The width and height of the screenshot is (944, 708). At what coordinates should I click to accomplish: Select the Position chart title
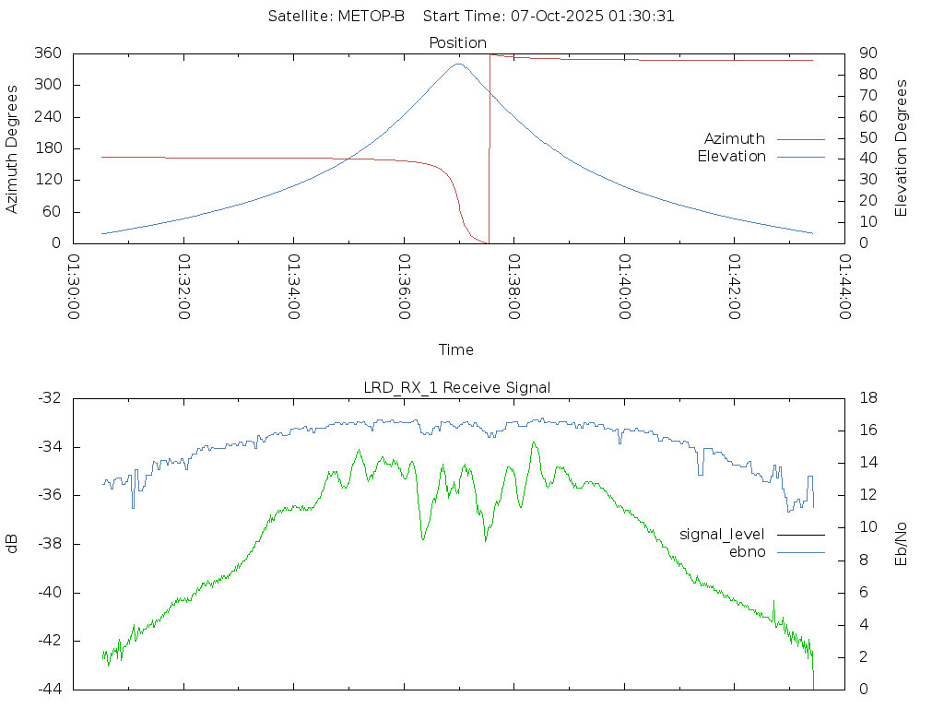(458, 42)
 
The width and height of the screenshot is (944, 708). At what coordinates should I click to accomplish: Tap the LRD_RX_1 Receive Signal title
(457, 387)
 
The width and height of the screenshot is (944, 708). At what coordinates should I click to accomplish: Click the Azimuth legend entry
(735, 138)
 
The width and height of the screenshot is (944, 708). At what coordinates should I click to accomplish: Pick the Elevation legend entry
(731, 157)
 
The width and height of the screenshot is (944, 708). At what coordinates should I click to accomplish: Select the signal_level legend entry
(724, 534)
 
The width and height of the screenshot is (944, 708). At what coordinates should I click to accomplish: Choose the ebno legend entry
(747, 552)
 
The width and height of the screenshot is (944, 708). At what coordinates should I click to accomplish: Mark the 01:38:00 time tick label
(513, 287)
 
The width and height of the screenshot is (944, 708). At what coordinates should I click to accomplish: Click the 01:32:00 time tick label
(183, 287)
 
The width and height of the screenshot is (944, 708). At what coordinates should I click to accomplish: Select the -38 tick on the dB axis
(51, 544)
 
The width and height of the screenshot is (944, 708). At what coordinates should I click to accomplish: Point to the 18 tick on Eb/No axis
(868, 398)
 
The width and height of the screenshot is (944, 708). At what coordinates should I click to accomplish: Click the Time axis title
(456, 349)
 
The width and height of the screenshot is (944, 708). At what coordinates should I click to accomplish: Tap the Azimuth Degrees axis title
(12, 148)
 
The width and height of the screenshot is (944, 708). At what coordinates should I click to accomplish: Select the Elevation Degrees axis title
(902, 148)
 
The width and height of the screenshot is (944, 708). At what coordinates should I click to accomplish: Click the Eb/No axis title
(902, 544)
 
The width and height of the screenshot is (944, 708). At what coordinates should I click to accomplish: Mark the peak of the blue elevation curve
(459, 64)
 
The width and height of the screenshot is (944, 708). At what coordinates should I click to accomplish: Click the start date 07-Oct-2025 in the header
(561, 17)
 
